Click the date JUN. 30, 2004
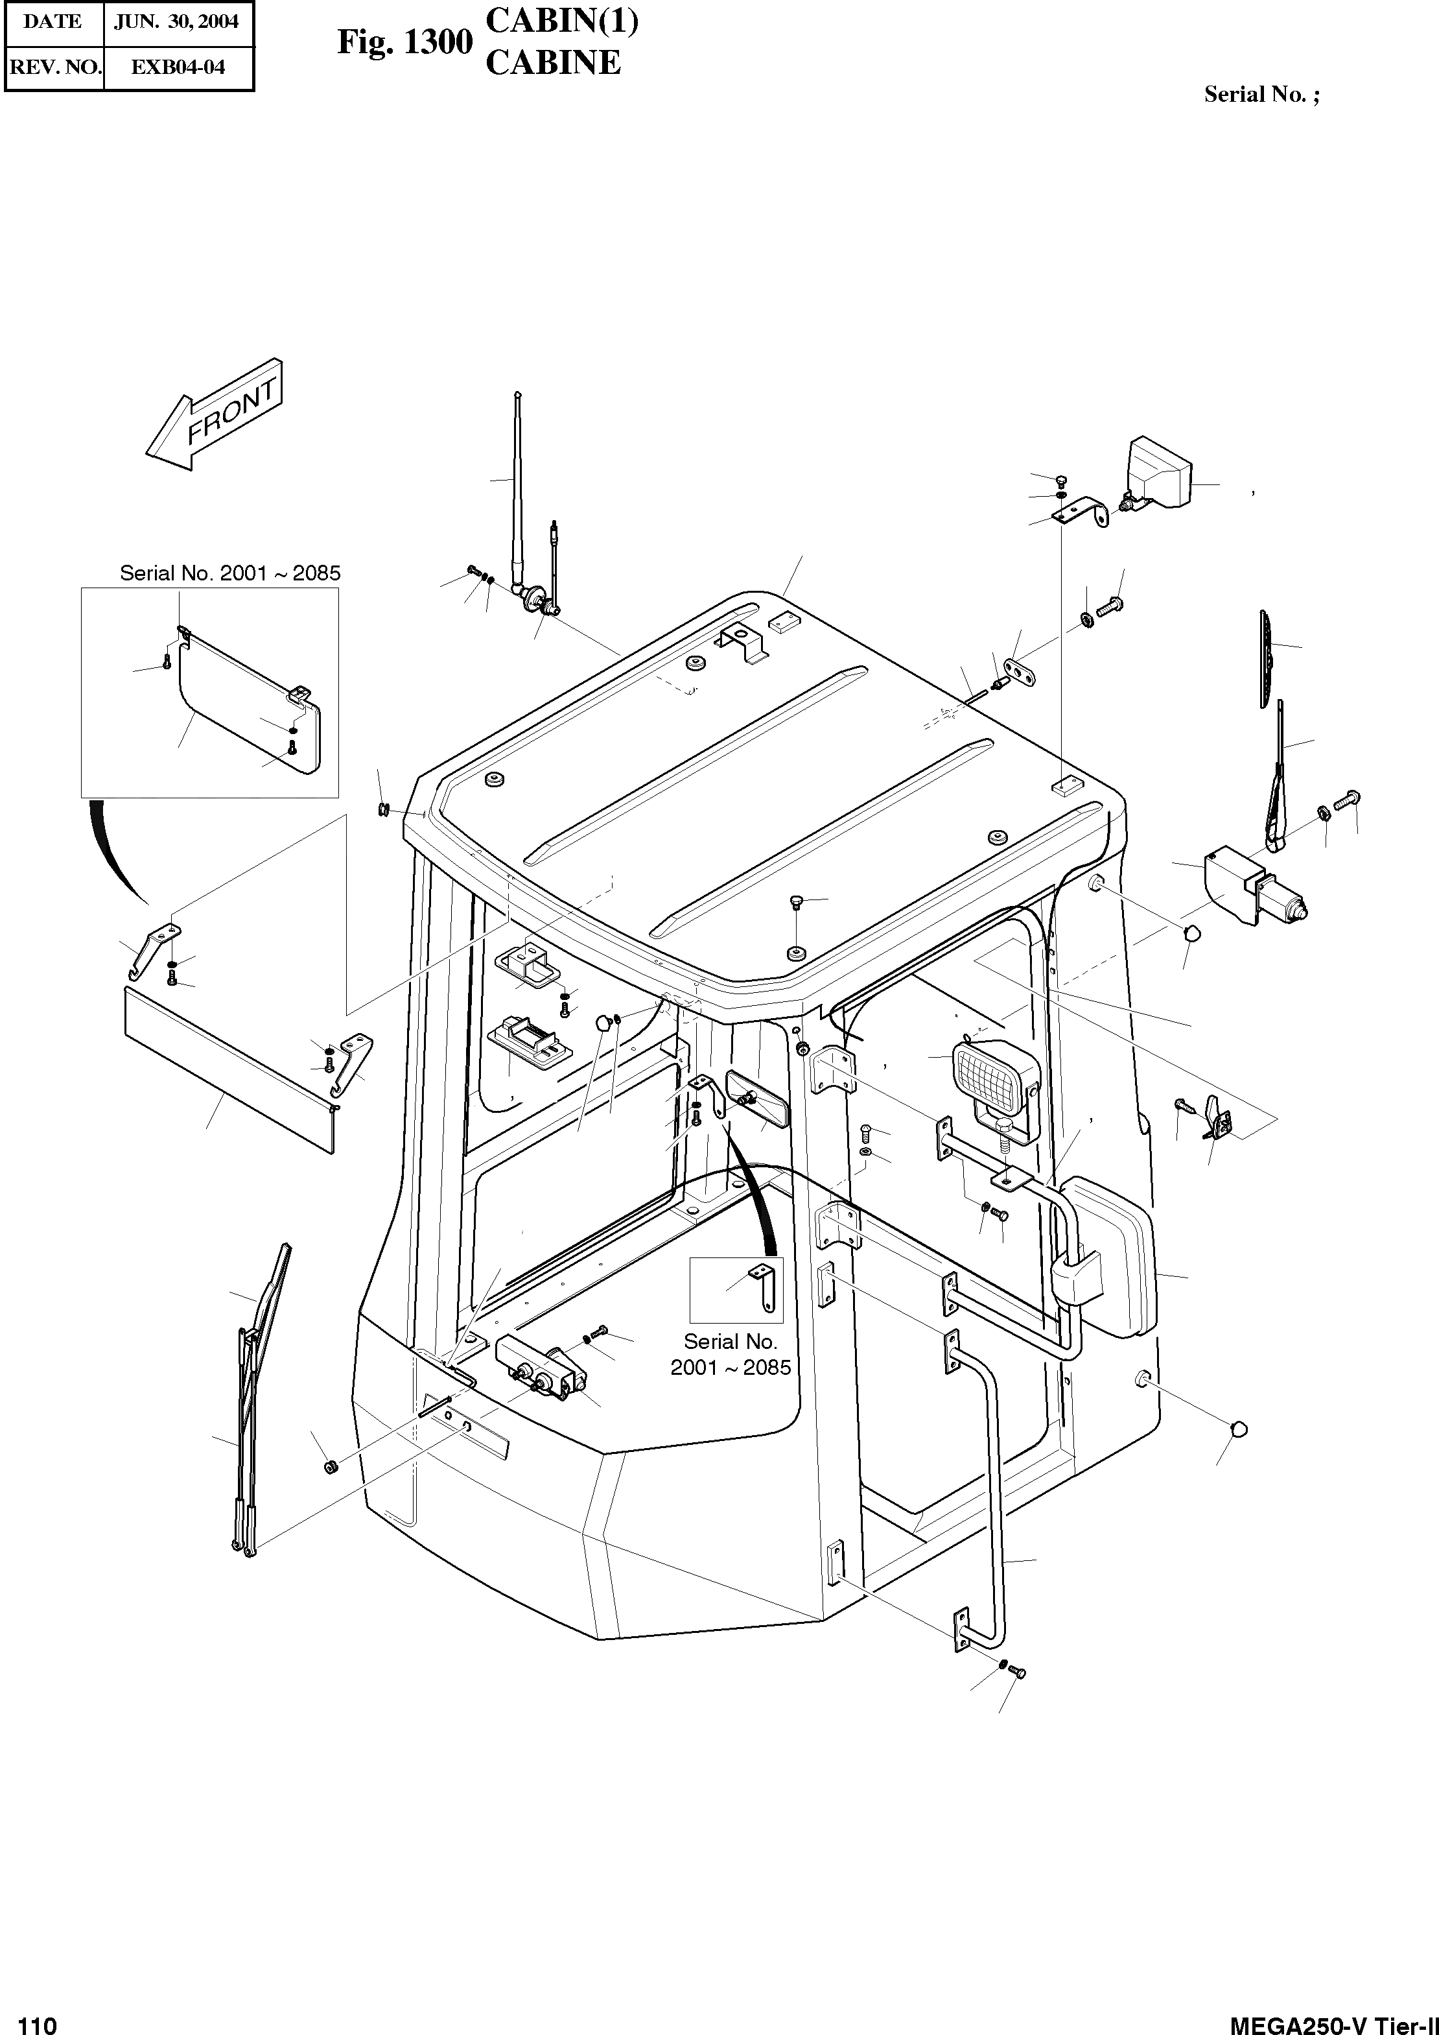(x=176, y=22)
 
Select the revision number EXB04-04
(x=177, y=67)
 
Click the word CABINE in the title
(x=553, y=63)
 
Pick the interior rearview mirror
(x=758, y=1099)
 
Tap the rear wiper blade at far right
(x=1265, y=658)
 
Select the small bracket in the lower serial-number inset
(x=763, y=1290)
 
